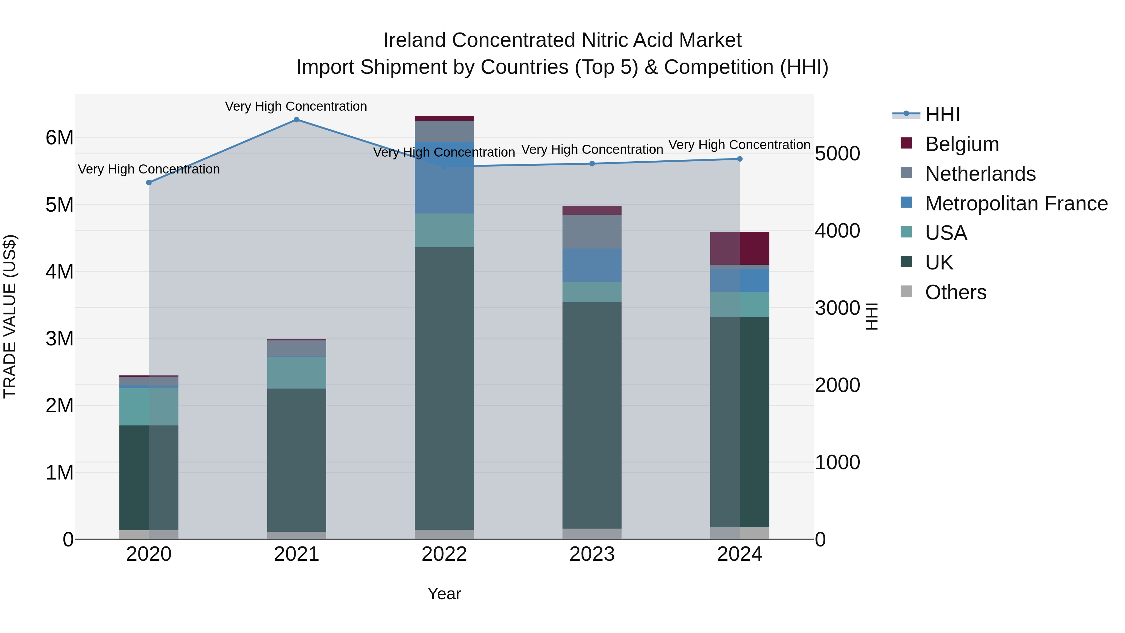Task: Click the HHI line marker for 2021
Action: coord(297,120)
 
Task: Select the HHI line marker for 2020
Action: coord(149,183)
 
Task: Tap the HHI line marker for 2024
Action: coord(740,159)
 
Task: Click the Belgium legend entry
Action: coord(961,144)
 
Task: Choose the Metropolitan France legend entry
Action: coord(1016,203)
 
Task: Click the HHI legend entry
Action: coord(942,114)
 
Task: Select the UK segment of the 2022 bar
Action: coord(444,389)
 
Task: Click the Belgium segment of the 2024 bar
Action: coord(740,248)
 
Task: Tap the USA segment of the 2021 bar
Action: coord(297,373)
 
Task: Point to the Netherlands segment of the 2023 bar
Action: coord(592,232)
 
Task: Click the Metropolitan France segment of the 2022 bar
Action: coord(444,178)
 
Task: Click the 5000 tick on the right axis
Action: coord(837,154)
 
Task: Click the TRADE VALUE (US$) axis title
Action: coord(10,316)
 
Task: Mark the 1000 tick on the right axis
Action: coord(837,462)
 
